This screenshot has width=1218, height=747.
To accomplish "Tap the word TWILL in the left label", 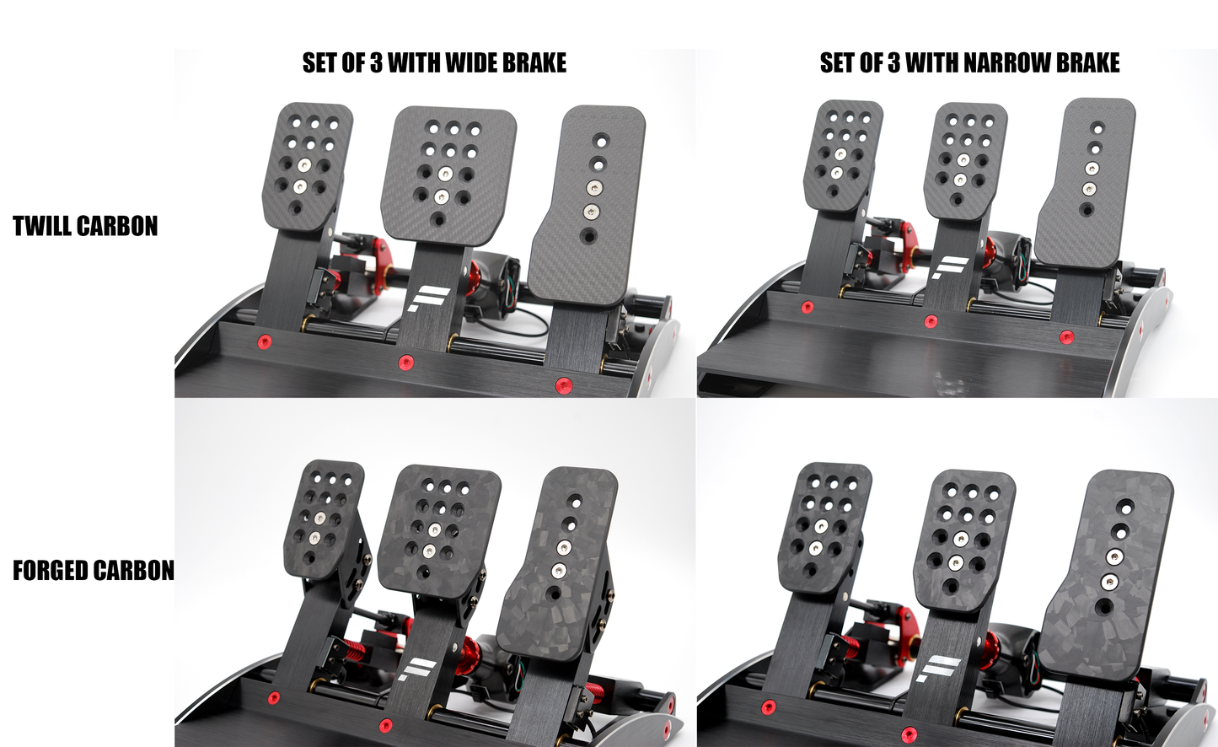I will point(43,226).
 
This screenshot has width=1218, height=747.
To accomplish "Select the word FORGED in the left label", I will point(51,571).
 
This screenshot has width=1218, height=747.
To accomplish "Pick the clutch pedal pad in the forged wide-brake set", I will point(324,519).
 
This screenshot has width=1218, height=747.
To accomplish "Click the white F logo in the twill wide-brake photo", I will point(428,299).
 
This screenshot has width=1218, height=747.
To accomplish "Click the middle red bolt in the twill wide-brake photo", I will point(405,363).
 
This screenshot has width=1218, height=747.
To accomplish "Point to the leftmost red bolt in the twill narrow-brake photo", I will point(807,307).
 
